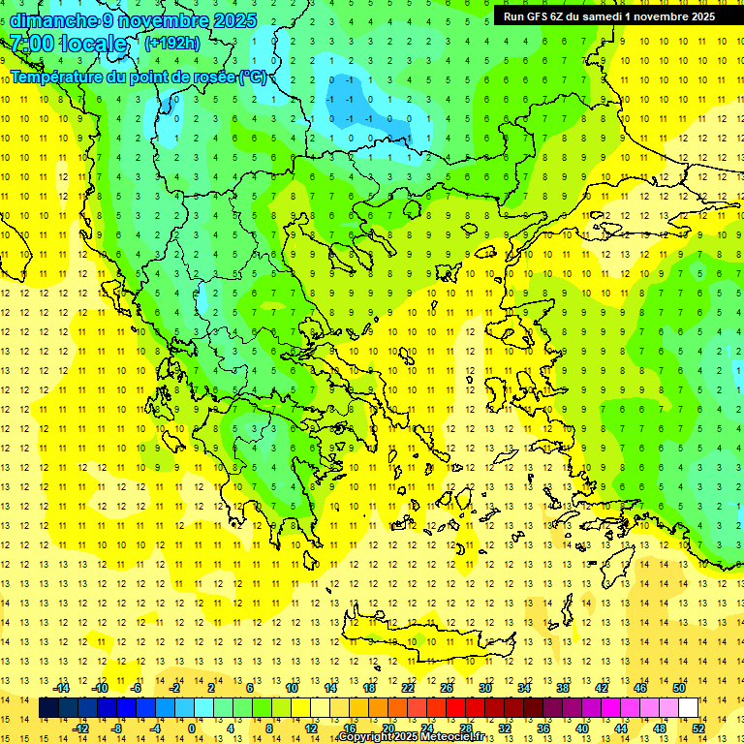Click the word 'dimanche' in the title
[x=54, y=20]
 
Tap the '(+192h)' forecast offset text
[x=172, y=43]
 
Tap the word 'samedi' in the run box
[x=604, y=15]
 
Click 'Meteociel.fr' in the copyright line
[x=449, y=737]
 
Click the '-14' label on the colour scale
[x=62, y=687]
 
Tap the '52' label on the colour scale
[x=698, y=728]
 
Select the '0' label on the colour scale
[x=192, y=728]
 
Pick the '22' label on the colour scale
[x=408, y=687]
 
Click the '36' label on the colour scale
[x=543, y=728]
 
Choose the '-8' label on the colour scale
[x=117, y=728]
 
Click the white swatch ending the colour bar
[x=688, y=707]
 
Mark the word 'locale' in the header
[x=94, y=44]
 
